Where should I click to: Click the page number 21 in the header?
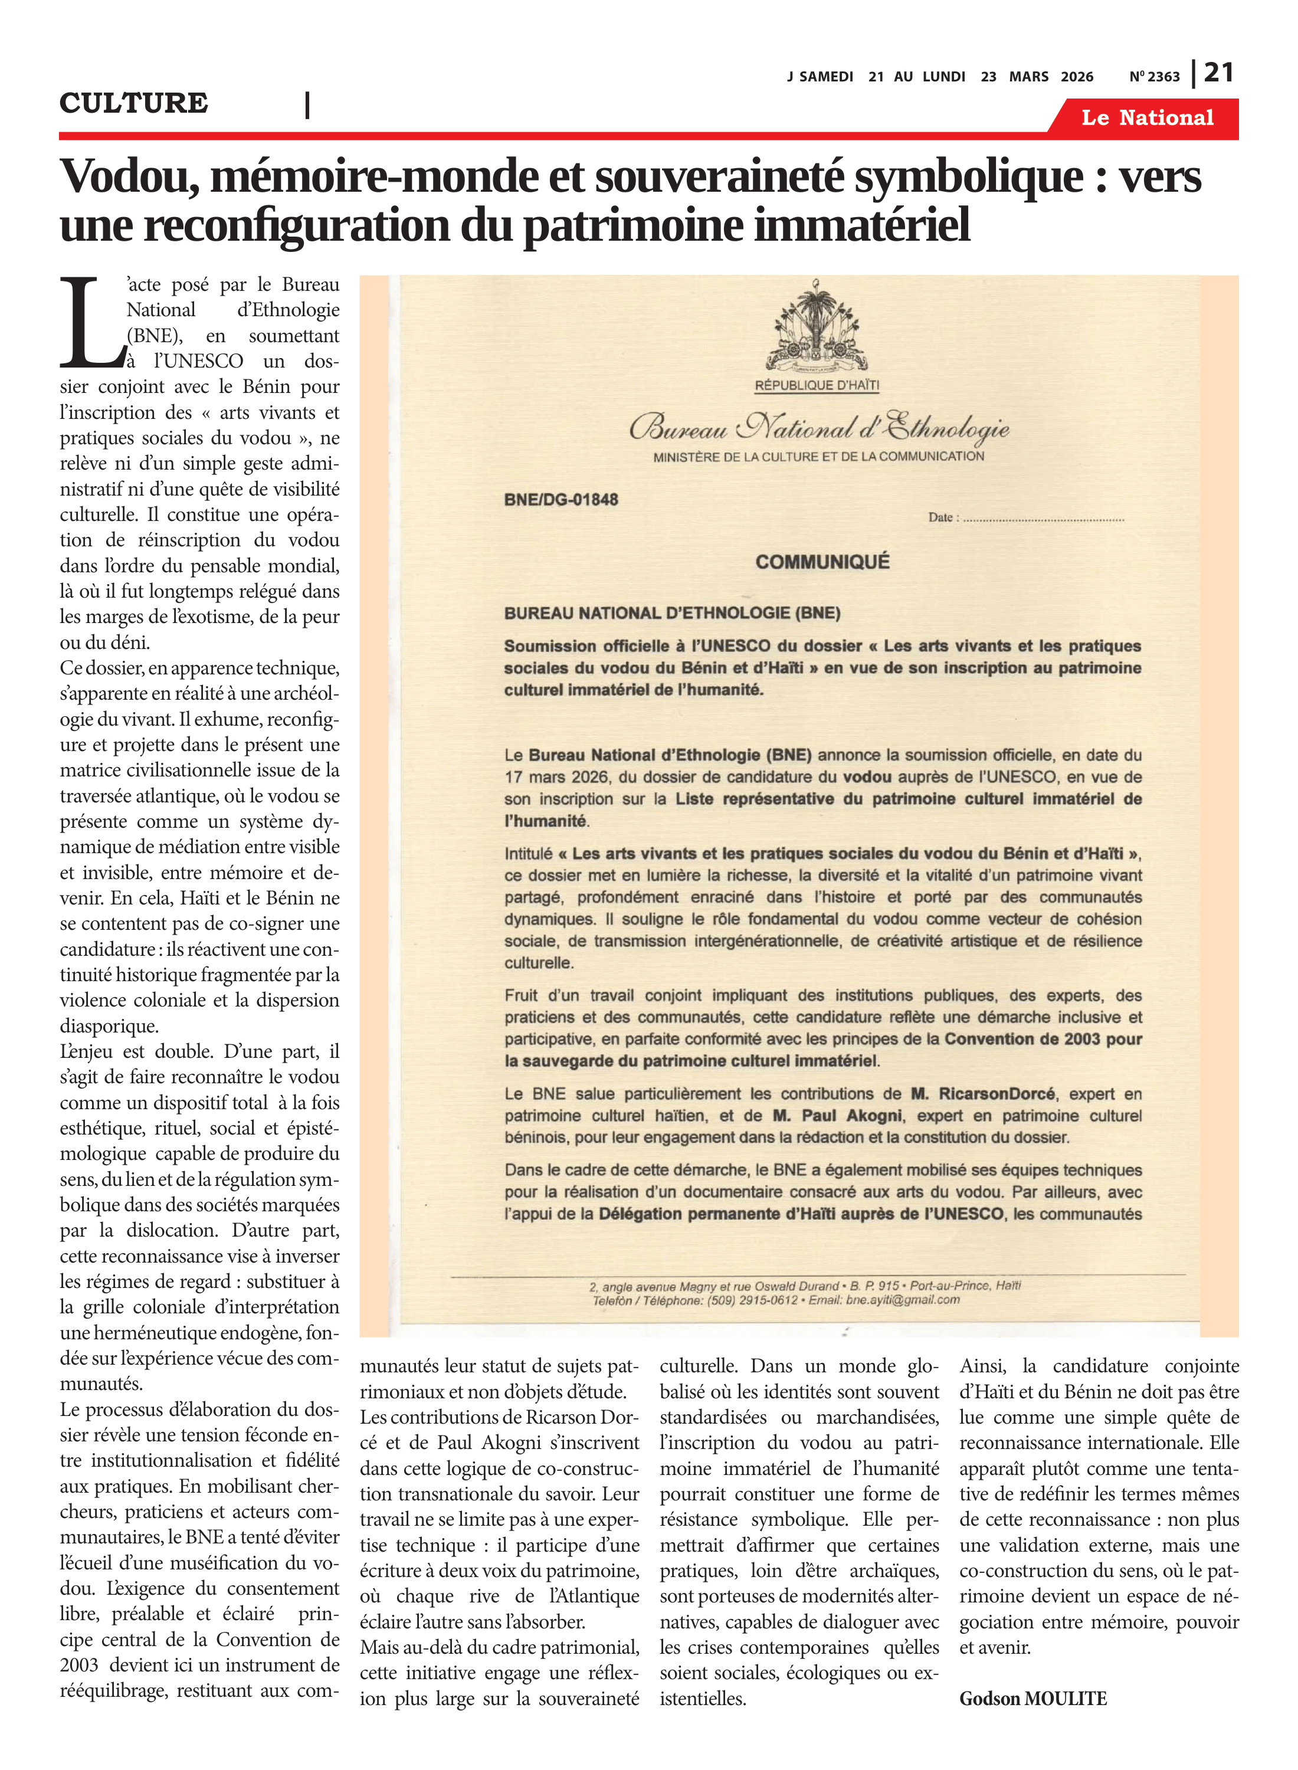[x=1218, y=73]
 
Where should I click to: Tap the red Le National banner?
[x=1146, y=118]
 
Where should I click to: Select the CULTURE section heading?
[x=133, y=103]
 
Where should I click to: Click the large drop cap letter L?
[x=91, y=323]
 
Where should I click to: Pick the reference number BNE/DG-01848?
[x=561, y=500]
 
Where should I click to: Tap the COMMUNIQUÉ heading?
[x=822, y=562]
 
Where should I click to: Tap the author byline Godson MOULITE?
[x=1032, y=1699]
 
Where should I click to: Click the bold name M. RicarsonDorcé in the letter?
[x=983, y=1094]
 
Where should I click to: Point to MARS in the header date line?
[x=1028, y=77]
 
